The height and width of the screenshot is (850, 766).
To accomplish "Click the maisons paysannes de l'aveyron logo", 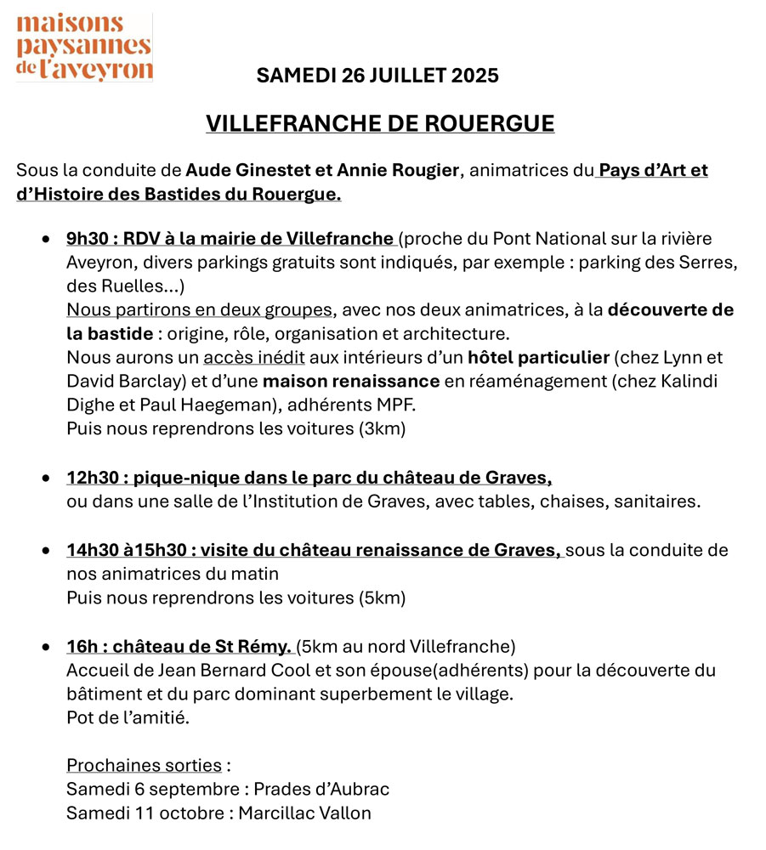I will [x=84, y=48].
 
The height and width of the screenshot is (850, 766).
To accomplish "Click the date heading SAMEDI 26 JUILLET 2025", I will [x=377, y=76].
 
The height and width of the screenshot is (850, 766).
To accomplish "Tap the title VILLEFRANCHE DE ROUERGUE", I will [x=380, y=124].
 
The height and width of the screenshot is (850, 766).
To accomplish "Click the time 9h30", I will [x=88, y=239].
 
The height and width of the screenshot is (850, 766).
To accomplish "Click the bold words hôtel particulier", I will [x=538, y=358].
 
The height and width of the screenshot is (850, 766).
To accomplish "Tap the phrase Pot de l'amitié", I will [x=128, y=717].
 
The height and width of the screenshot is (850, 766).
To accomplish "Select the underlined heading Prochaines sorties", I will [x=144, y=765].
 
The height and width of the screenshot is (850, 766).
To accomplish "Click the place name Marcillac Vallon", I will [x=304, y=813].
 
